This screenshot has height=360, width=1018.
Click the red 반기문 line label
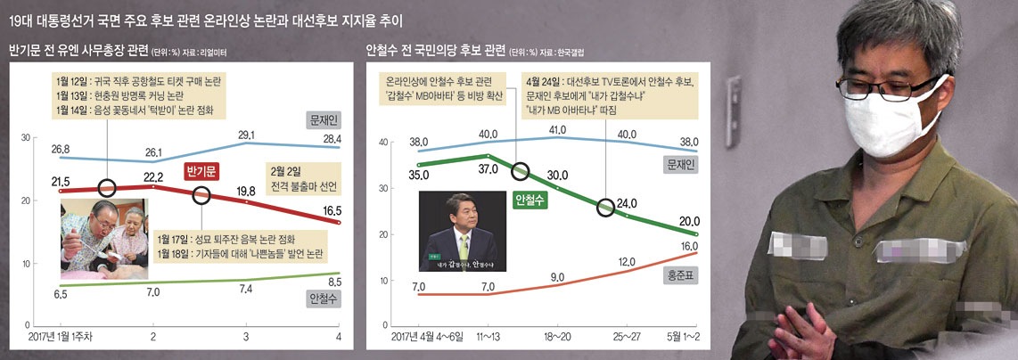pos(204,172)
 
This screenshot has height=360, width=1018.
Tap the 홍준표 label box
pos(681,277)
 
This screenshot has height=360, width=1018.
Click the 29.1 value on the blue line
pos(247,135)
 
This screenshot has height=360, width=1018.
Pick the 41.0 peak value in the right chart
pos(557,128)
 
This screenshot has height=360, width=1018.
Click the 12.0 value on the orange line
pos(627,262)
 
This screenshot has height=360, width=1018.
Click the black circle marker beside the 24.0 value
pos(606,208)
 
